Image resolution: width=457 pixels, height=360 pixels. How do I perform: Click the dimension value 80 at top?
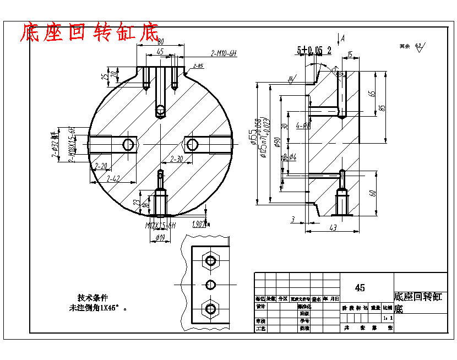pos(160,42)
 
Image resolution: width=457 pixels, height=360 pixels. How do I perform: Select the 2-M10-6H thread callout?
pos(223,53)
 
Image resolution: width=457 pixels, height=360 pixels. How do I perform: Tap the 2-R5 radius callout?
pos(198,66)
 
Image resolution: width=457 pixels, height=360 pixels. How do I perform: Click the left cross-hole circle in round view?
pos(128,144)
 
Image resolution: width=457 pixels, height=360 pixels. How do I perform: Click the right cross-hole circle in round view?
pos(192,144)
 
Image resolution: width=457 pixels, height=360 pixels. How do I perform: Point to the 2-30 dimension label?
pos(177,159)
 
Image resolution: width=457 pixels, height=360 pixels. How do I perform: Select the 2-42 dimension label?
pos(113,179)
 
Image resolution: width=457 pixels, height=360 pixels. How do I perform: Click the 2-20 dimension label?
pos(101,166)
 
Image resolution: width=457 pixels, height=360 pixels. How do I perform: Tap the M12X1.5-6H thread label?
pos(160,226)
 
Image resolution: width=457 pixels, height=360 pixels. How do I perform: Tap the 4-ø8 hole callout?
pos(302,126)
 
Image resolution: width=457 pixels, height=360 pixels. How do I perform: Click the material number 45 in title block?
pos(360,288)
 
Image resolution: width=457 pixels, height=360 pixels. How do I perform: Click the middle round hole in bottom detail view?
pos(210,284)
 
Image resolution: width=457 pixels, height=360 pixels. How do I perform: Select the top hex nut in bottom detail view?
pos(210,260)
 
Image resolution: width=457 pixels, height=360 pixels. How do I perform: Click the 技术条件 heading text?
pos(93,297)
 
